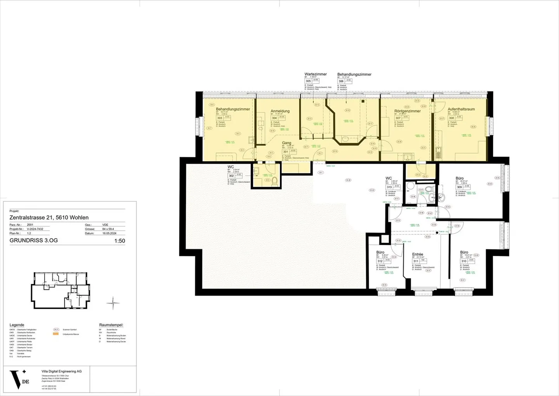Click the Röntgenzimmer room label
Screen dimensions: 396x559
[407, 111]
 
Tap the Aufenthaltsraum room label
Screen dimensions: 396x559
[461, 109]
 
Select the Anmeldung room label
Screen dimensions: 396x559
[280, 111]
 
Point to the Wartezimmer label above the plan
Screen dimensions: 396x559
[316, 74]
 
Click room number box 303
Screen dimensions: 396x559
[220, 118]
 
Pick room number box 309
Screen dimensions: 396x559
[459, 187]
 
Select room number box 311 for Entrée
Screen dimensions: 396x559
[416, 261]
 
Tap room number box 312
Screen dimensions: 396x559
[380, 261]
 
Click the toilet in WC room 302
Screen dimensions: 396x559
[275, 180]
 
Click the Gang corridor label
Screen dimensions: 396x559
[286, 143]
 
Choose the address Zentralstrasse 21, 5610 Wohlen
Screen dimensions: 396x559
[49, 218]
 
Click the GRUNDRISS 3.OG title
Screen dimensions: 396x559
[34, 241]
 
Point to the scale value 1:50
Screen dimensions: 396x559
[120, 241]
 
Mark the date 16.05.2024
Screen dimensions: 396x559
[109, 234]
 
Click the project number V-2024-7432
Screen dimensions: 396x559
[35, 229]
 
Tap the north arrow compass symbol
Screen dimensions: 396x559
[113, 303]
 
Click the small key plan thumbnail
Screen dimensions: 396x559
[61, 290]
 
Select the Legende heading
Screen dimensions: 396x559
[17, 325]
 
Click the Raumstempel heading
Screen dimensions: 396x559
[111, 325]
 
